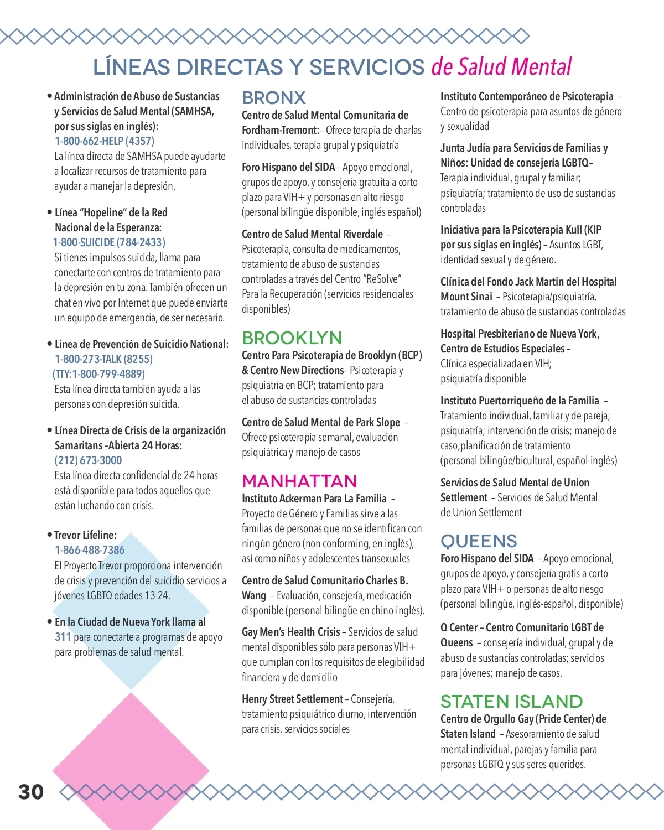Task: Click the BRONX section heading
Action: coord(274,98)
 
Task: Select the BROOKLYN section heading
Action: coord(292,338)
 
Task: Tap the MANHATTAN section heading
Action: coord(299,481)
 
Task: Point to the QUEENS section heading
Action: coord(479,541)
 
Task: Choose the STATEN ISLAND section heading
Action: coord(511,701)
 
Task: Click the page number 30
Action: coord(31,792)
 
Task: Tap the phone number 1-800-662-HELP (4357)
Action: coord(105,141)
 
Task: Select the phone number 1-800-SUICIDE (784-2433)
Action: coord(109,242)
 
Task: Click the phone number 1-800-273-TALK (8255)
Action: coord(103,359)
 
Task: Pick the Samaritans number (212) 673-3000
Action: coord(88,460)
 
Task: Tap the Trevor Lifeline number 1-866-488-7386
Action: coord(90,550)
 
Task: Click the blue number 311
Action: coord(63,637)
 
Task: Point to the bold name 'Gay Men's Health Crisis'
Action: coord(291,632)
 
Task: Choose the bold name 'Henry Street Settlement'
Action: coord(292,699)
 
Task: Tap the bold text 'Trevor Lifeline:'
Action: coord(85,535)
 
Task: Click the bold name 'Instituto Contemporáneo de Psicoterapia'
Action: coord(527,96)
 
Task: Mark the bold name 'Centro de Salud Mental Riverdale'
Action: coord(312,234)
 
